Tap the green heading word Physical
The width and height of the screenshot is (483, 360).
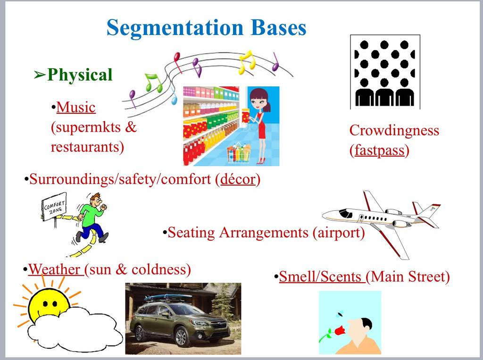coord(80,75)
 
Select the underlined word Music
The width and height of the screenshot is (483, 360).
coord(76,107)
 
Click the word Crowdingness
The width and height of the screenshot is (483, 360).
coord(394,131)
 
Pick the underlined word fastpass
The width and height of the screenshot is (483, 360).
coord(379,151)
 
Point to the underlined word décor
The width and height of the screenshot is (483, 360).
coord(238,179)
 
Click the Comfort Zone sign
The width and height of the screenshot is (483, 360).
coord(54,206)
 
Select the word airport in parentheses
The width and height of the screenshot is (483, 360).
coord(339,233)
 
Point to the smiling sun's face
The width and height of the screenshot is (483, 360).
coord(49,303)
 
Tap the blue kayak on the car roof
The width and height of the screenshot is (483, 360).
coord(168,297)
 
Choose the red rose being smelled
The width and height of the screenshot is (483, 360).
coord(339,331)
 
